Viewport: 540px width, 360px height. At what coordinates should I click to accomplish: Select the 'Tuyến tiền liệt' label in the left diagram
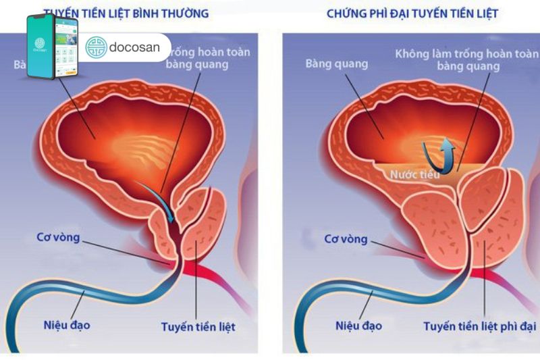[x=198, y=327]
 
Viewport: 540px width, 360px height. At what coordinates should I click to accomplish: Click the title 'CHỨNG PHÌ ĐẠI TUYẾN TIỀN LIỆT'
[x=412, y=14]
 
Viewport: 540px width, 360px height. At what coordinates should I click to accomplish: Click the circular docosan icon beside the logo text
[x=97, y=47]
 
